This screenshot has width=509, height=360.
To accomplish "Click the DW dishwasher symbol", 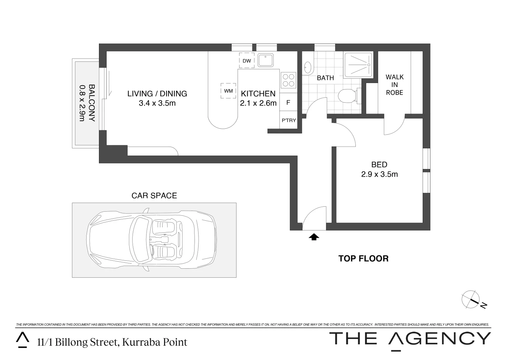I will pos(247,61).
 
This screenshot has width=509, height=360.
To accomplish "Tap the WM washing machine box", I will pos(228,91).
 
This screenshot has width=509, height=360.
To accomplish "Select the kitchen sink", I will pos(265,60).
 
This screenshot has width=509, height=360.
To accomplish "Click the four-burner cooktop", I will pos(288,80).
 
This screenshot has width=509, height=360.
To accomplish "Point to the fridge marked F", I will pos(288,102).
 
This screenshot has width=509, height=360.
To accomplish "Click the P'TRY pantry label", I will pos(288,120).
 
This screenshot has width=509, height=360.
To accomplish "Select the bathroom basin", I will pos(308,68).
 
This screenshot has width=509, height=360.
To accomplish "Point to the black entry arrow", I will pos(314,237).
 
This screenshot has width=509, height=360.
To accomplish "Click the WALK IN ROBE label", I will pos(394,85).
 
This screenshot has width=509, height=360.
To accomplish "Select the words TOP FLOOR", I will pos(363,258).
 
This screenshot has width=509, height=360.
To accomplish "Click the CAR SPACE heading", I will pos(154,195).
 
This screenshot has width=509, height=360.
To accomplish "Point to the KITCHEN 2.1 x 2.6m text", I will pos(258,98).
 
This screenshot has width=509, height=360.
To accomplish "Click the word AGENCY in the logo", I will pos(440,339).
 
